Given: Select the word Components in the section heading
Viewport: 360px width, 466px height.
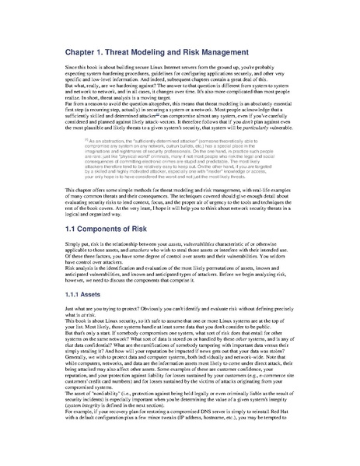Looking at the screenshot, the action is click(x=86, y=231).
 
